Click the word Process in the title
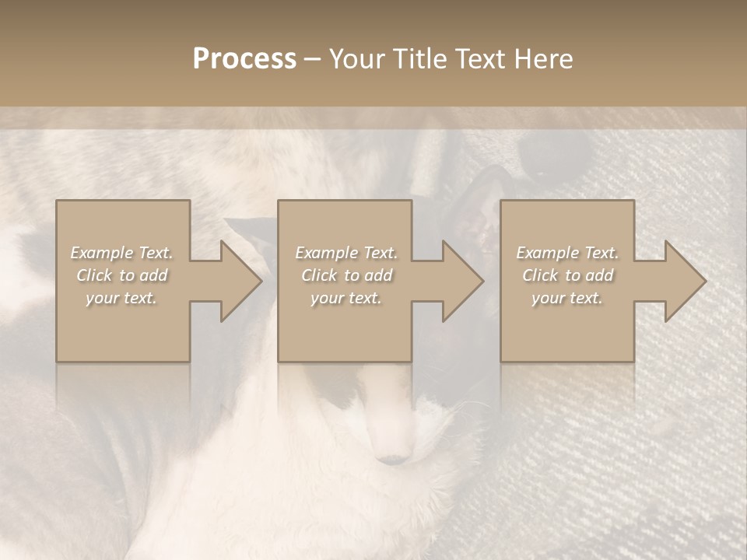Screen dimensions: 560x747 point(244,59)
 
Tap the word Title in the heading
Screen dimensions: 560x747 point(419,59)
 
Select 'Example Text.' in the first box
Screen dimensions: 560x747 point(121,253)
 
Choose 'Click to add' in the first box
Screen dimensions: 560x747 point(121,275)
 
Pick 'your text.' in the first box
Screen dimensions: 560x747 point(121,298)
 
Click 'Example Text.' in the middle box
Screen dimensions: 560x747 point(345,253)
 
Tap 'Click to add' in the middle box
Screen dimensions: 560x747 point(345,275)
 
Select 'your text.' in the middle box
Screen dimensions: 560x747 point(345,298)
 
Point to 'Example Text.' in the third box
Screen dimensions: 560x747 point(567,253)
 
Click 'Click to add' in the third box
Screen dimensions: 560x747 point(567,275)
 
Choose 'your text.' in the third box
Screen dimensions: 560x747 point(567,298)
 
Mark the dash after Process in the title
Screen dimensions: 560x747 point(312,60)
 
